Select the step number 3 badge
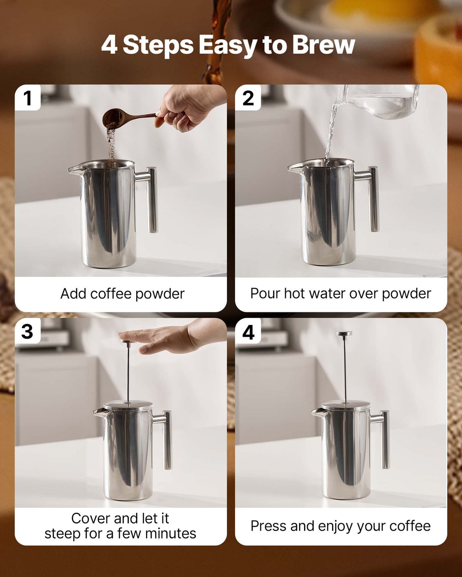28,332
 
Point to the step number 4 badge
248,332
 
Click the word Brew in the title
323,45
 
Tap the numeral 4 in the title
109,45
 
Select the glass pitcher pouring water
381,101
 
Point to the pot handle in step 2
373,198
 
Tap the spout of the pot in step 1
74,169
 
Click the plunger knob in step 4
345,334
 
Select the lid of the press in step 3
128,405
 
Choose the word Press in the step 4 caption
267,526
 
